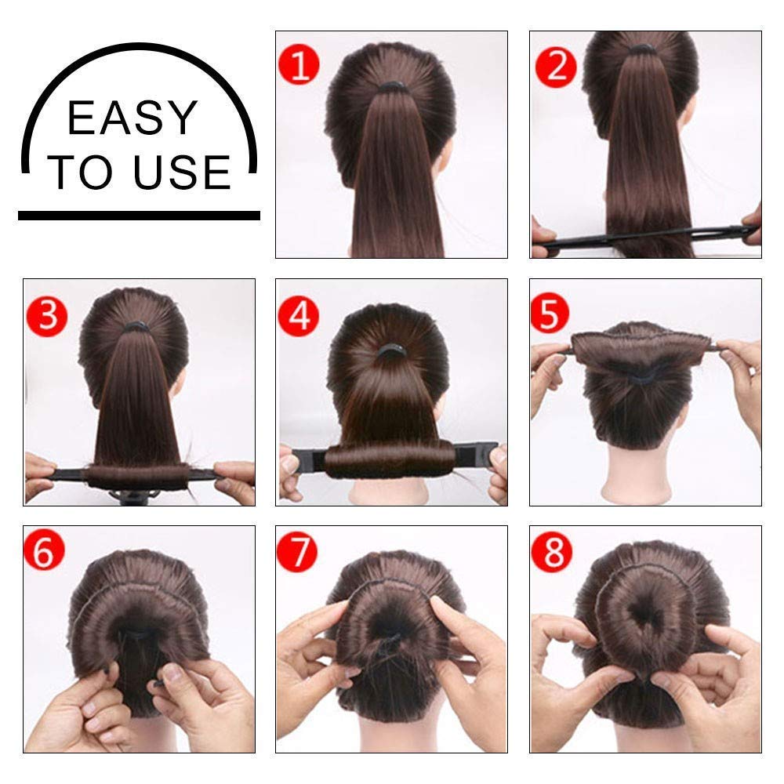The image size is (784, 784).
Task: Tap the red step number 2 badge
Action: (x=556, y=66)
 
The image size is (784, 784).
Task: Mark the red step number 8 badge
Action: (x=553, y=553)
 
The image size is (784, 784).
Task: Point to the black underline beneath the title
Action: (x=139, y=215)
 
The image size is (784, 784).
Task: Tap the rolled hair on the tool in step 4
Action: (x=389, y=461)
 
